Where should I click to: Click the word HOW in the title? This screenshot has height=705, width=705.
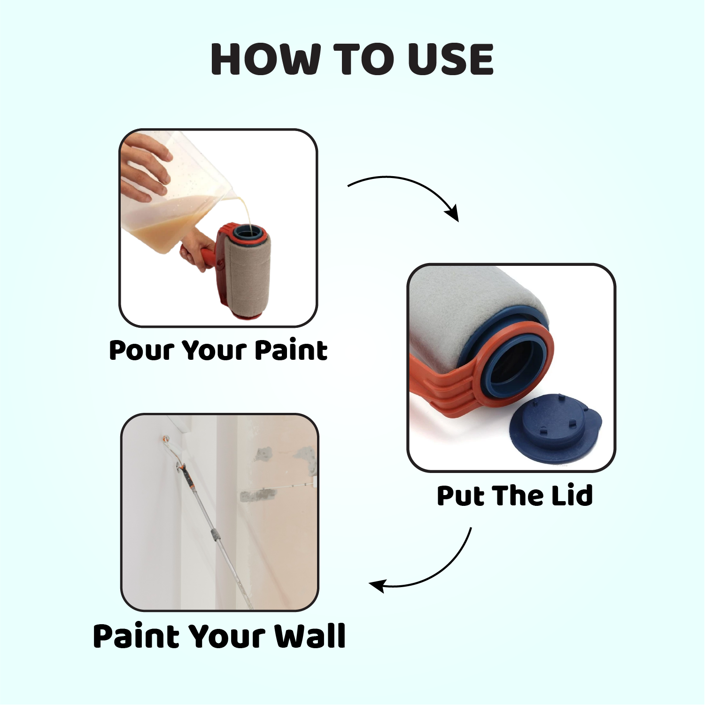263,60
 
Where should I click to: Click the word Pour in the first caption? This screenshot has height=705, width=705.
142,351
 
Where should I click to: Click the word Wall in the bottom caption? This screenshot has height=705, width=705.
310,636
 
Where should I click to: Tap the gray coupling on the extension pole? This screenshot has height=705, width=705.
215,535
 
